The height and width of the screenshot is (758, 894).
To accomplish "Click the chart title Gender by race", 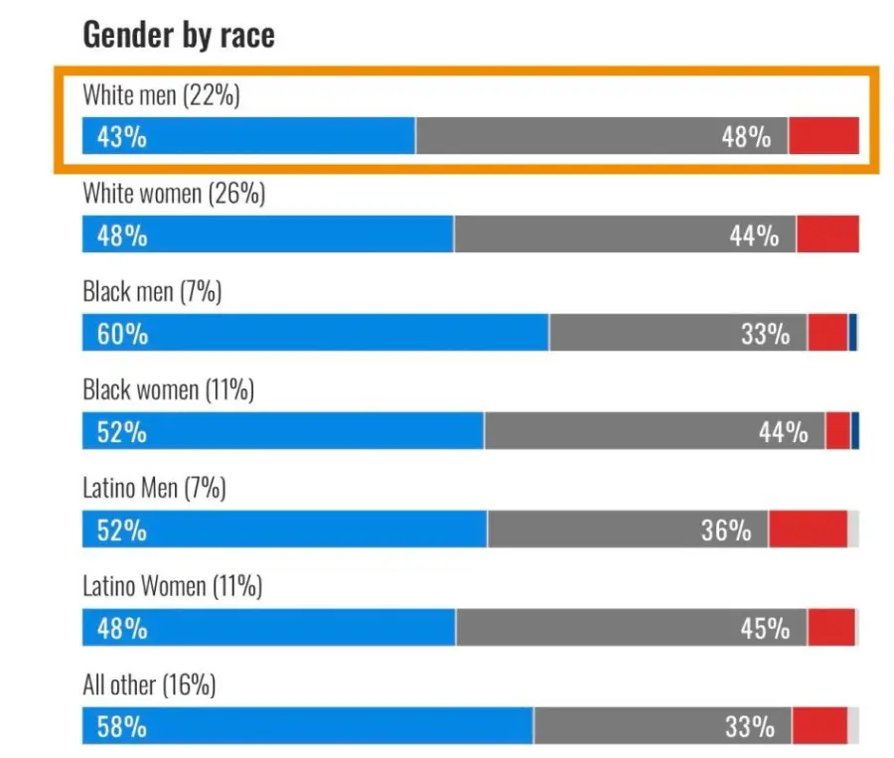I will (x=179, y=36).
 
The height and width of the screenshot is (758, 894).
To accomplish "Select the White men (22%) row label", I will (x=161, y=96).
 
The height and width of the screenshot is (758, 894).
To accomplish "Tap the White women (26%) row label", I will (x=174, y=194).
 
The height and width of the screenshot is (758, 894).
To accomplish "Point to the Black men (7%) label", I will (x=152, y=292).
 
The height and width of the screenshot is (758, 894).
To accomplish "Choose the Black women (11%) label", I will (x=168, y=390).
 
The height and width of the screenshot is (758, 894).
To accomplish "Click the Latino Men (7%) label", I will (x=154, y=489).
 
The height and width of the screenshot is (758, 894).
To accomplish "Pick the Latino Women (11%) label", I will (x=172, y=587).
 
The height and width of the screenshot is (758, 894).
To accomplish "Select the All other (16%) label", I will (x=149, y=685).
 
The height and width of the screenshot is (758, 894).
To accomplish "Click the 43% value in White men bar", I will (x=121, y=137).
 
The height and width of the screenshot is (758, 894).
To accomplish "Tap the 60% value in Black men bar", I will (x=122, y=334).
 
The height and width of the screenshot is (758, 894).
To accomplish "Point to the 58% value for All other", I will (x=121, y=727).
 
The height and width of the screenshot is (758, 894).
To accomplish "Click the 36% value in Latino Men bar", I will (x=726, y=531).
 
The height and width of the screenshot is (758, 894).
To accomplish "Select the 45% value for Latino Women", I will (x=765, y=629).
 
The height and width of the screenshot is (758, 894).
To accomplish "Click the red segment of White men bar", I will (x=823, y=136).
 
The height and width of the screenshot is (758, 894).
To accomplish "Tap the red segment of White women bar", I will (x=827, y=234).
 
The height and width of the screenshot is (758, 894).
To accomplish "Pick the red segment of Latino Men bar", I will (x=808, y=530).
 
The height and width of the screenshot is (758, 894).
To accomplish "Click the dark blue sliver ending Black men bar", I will (x=853, y=333).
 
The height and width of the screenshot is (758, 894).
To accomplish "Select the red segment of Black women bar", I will (x=838, y=431).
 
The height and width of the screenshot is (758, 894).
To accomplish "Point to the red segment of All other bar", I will (x=819, y=726).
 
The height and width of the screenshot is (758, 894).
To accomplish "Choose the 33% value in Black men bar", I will (x=765, y=334).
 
